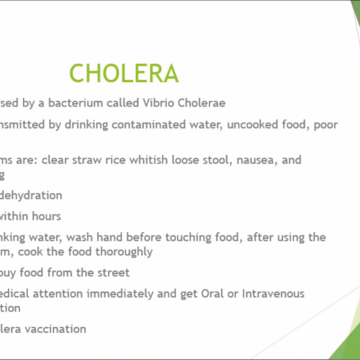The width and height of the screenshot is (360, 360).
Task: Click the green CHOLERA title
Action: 124,73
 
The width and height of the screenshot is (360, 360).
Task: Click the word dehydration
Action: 31,194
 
